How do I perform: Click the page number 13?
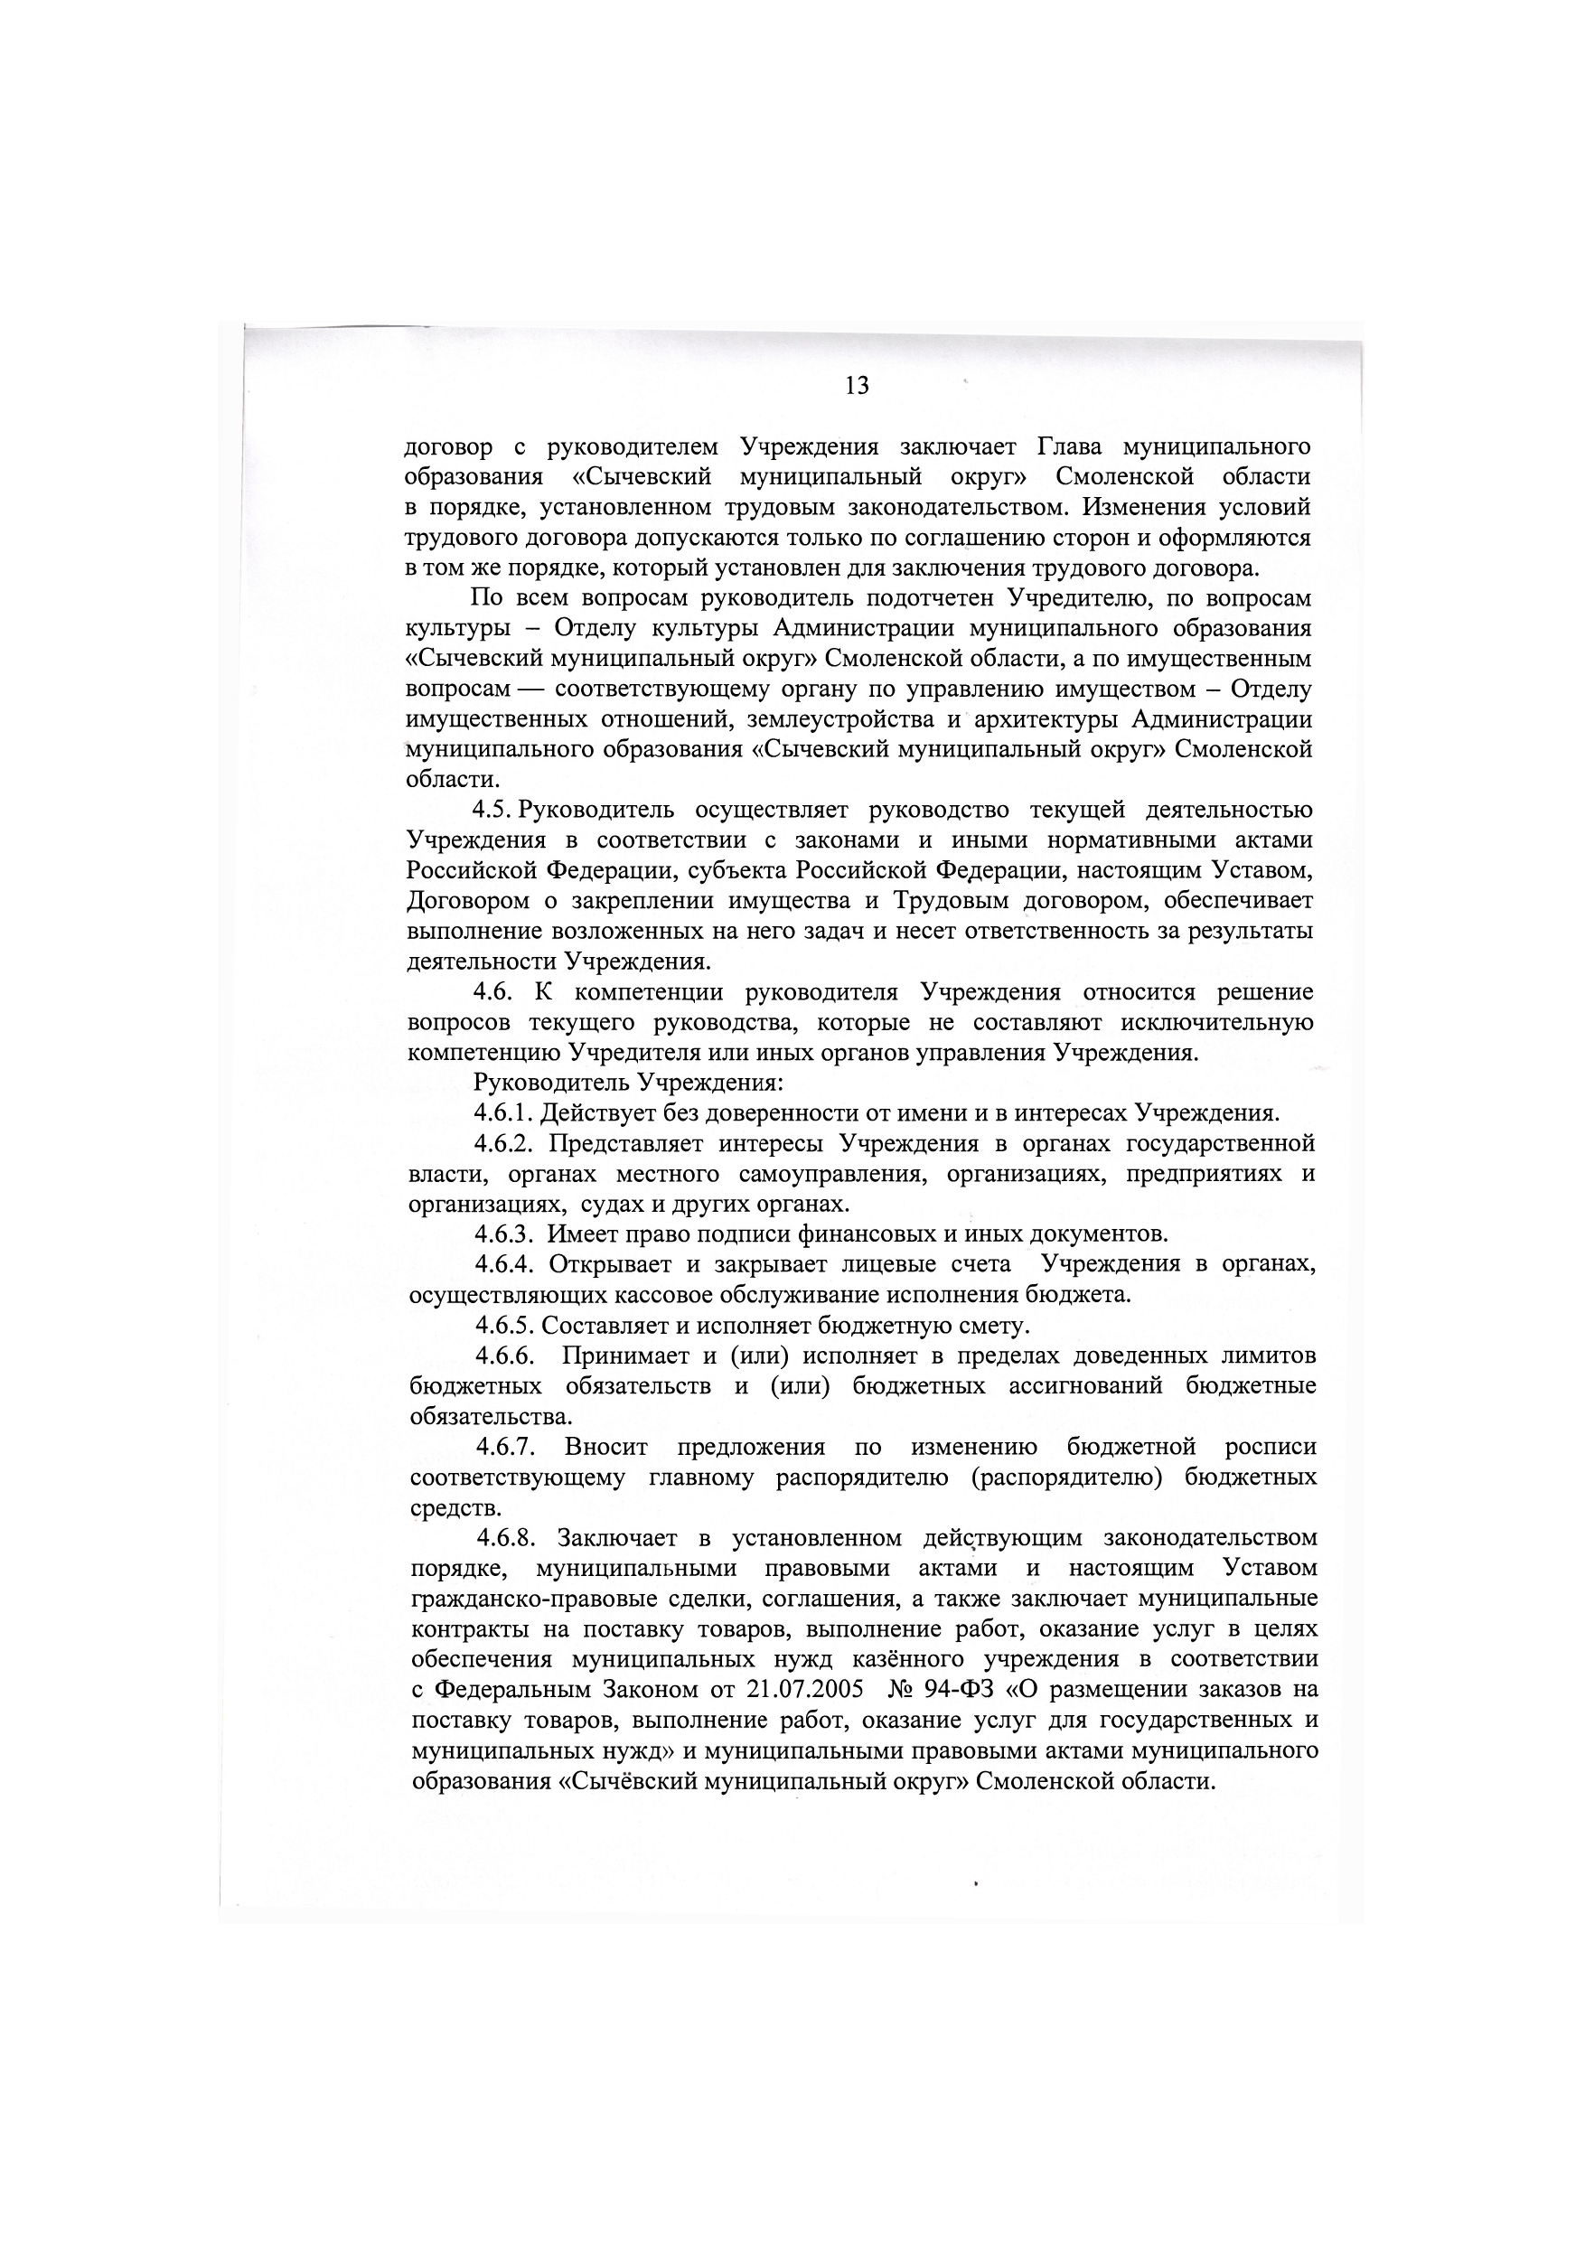click(x=857, y=387)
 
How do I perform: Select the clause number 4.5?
click(x=492, y=810)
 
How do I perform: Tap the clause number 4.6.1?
click(x=504, y=1113)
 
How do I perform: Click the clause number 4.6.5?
click(x=505, y=1326)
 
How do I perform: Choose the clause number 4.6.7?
click(x=506, y=1447)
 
